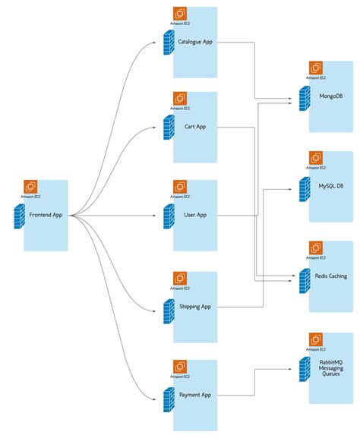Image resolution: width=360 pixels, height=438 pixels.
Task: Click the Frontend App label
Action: click(x=46, y=215)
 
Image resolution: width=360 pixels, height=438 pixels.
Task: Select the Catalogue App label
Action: click(x=195, y=42)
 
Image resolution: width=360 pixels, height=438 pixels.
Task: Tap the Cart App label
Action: click(x=195, y=127)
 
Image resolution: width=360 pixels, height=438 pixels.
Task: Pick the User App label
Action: click(x=195, y=215)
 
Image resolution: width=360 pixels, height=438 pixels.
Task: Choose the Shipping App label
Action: click(x=195, y=307)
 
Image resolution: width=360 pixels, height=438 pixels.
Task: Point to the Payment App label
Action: click(x=195, y=395)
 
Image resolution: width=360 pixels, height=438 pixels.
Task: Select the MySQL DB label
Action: click(x=330, y=185)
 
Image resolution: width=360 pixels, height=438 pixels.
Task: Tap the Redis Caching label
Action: click(x=330, y=276)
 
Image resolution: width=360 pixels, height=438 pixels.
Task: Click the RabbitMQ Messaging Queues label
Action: click(x=330, y=369)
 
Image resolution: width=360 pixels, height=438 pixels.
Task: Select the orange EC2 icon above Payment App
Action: click(x=180, y=367)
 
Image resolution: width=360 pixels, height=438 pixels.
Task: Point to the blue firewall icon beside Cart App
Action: click(x=168, y=129)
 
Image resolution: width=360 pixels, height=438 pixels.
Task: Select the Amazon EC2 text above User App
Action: click(x=180, y=197)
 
